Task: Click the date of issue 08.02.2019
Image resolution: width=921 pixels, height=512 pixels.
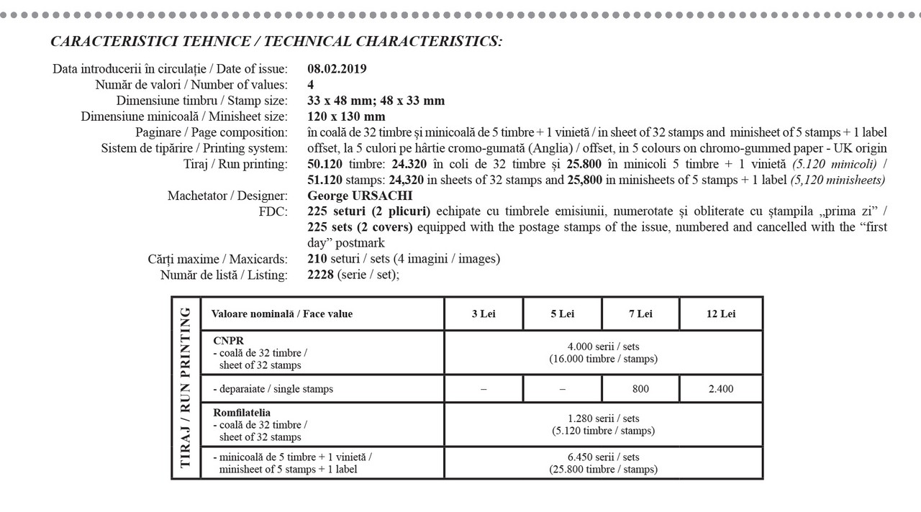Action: (337, 69)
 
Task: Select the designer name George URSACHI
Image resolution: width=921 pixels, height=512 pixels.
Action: (360, 196)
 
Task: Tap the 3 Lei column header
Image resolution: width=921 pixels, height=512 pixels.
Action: (484, 314)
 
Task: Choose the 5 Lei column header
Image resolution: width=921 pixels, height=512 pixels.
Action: (562, 314)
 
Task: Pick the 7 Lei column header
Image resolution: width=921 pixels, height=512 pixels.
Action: (640, 314)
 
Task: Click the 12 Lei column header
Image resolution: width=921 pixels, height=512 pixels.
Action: (720, 314)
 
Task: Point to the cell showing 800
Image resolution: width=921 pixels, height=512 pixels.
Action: (640, 389)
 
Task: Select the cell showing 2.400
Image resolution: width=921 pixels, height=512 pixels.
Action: (720, 389)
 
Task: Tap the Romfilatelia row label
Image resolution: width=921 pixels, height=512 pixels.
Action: (242, 413)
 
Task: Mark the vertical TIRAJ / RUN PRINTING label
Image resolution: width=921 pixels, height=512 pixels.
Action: (186, 388)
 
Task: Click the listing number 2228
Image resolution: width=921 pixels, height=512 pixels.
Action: (321, 275)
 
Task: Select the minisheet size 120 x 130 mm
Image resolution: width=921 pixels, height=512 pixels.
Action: (346, 116)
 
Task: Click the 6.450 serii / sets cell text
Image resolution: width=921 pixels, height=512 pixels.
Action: (603, 457)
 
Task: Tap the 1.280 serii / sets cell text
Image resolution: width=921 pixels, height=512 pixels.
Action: (603, 419)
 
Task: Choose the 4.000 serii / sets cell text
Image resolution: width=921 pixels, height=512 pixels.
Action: (603, 346)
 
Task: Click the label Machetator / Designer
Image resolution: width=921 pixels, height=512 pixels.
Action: (227, 196)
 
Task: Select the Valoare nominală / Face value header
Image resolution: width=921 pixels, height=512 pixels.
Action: (282, 314)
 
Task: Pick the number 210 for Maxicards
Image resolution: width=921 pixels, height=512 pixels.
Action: (317, 259)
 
